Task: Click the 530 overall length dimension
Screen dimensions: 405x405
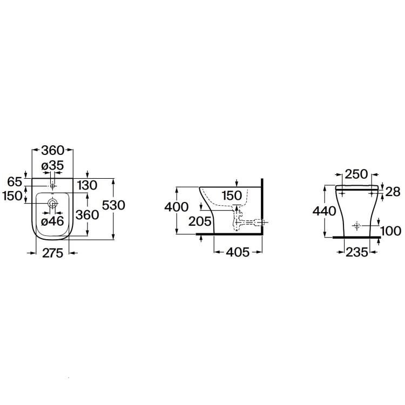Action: coord(113,205)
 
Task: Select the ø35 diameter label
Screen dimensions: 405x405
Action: coord(53,166)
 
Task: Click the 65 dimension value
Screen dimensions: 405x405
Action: coord(14,181)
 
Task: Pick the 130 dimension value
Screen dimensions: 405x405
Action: coord(86,185)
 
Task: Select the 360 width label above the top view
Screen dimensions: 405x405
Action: coord(53,150)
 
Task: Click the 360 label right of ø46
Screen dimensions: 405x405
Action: coord(87,214)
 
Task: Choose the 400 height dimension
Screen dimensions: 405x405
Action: coord(177,207)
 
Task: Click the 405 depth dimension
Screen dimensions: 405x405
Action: coord(238,253)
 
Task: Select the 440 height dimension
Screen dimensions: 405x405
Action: coord(325,211)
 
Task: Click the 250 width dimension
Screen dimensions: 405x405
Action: coord(356,174)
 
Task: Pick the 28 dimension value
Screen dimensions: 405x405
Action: coord(393,191)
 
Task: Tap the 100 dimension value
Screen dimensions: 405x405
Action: coord(390,231)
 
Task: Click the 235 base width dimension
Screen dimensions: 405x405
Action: coord(356,252)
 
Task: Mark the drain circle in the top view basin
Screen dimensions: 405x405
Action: coord(53,204)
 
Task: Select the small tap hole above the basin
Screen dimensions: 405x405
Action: coord(53,186)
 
